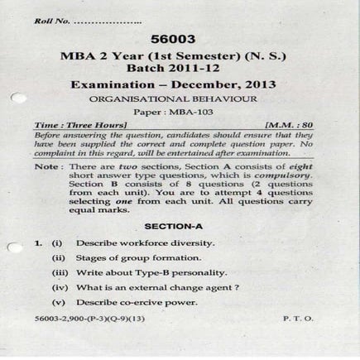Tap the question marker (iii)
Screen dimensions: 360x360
60,272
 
